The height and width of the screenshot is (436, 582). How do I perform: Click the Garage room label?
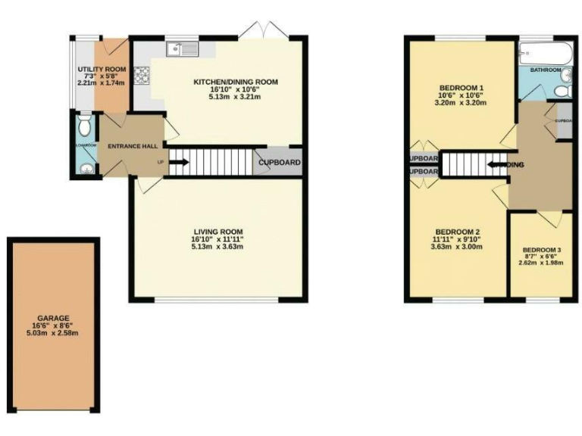click(x=53, y=318)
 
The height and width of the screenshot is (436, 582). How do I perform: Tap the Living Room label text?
click(x=217, y=232)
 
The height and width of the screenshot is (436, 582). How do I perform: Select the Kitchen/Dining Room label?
click(x=236, y=82)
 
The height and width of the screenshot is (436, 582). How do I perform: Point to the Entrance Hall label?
click(x=132, y=146)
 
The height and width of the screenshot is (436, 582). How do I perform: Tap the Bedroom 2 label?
click(x=457, y=232)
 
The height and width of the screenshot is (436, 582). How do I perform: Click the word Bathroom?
click(x=546, y=70)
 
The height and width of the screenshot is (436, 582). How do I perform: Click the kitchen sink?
click(x=182, y=49)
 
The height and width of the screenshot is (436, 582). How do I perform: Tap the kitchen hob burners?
click(x=142, y=76)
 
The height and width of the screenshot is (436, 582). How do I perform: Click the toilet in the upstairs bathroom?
click(x=562, y=91)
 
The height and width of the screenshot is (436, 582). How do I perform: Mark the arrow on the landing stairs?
click(x=496, y=163)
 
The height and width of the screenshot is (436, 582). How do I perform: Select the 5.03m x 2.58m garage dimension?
click(x=53, y=333)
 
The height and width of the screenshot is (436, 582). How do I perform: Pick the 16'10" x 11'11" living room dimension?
click(x=217, y=240)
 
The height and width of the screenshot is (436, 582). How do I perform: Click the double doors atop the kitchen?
click(x=262, y=31)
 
